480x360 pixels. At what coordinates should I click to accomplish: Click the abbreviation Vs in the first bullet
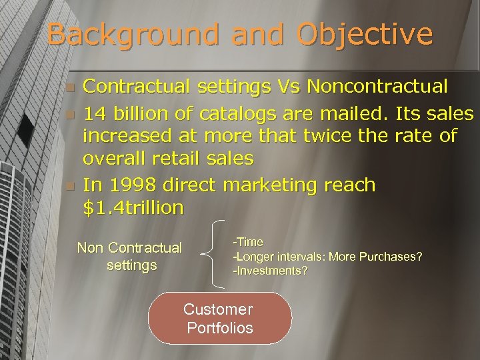[x=288, y=86]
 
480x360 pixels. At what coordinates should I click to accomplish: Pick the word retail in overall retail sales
[x=185, y=158]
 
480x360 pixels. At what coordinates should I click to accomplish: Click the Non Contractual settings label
[x=129, y=256]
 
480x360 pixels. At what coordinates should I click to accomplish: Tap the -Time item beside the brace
[x=248, y=242]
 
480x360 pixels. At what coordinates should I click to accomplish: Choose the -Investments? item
[x=270, y=271]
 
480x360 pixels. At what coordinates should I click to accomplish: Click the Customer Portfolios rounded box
[x=219, y=318]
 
